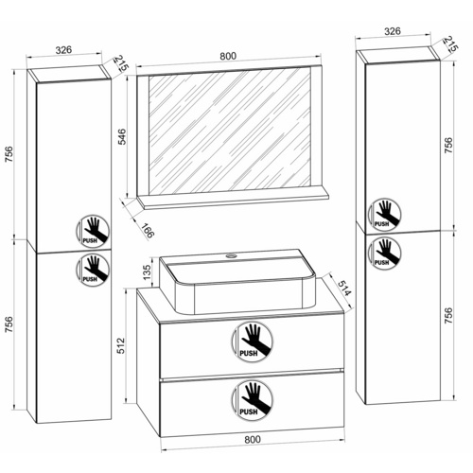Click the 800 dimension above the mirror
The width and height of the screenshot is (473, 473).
pos(227,56)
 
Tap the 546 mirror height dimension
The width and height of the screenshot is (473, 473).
pos(121,134)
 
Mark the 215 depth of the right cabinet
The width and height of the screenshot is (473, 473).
pos(448,44)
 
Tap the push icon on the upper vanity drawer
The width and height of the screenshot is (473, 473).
pos(250,342)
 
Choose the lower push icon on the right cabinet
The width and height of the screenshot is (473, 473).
pos(383,252)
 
